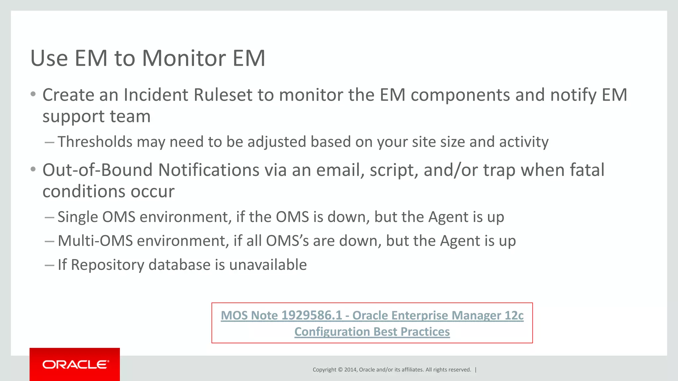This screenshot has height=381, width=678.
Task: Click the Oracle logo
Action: coord(75,364)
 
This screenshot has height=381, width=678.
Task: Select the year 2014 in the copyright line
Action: coord(350,370)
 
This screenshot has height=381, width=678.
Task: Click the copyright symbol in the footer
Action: coord(340,370)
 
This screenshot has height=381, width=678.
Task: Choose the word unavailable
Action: coord(268,265)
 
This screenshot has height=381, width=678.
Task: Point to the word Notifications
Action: coord(209,170)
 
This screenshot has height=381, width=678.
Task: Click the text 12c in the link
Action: coord(514,316)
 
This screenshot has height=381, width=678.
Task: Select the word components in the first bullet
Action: coord(460,95)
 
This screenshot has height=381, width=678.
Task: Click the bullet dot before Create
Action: coord(33,94)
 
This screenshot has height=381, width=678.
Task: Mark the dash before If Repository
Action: coord(49,265)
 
